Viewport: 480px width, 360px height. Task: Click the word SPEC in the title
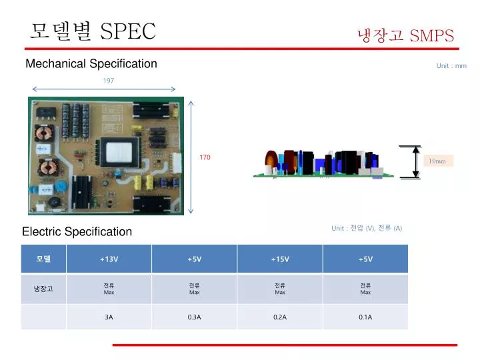(128, 31)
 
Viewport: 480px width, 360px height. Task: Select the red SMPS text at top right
(432, 35)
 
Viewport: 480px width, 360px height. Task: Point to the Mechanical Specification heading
(91, 64)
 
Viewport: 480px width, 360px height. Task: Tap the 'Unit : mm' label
(451, 66)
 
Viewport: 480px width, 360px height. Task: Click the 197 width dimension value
(108, 81)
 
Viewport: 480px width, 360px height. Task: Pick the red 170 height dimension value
(205, 157)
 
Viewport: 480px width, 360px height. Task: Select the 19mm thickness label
(438, 161)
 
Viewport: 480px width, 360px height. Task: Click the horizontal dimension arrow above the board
(103, 89)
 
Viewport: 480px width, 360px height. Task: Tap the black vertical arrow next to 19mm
(416, 162)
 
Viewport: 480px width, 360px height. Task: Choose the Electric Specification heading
(77, 232)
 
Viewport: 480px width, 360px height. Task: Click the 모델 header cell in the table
(43, 259)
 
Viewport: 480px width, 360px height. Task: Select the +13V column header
(109, 259)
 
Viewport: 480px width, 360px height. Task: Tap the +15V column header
(279, 259)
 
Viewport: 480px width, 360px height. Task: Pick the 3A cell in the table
(109, 317)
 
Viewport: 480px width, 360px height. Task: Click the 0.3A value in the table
(194, 317)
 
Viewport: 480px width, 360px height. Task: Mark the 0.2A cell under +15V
(279, 317)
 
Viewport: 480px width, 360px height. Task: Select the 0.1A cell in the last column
(365, 317)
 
